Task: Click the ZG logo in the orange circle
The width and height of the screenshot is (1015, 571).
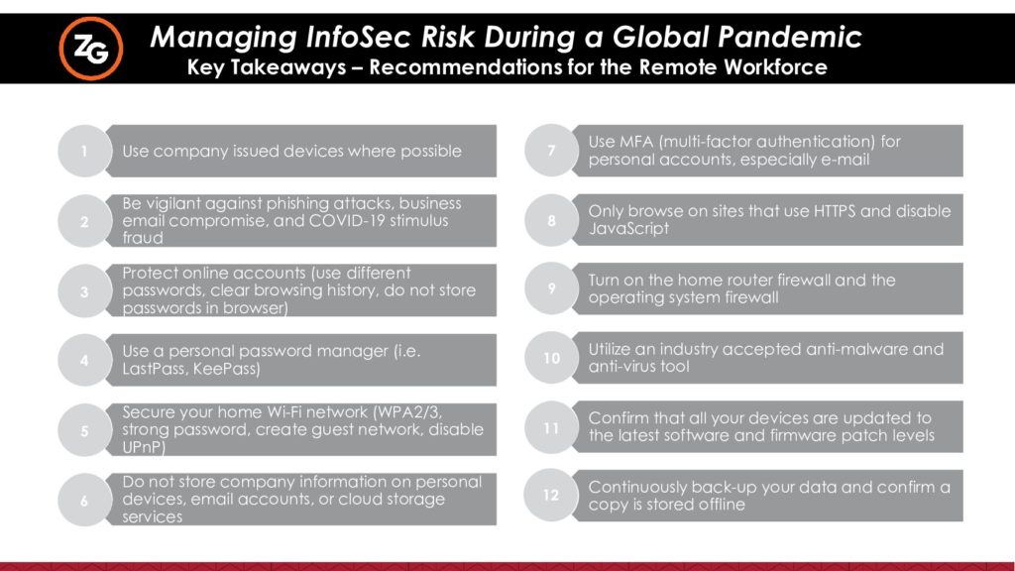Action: click(91, 49)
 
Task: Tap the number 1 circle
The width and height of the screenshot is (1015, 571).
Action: click(84, 151)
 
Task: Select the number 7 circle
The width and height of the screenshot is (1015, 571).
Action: click(551, 151)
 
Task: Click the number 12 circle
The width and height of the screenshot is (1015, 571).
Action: click(550, 496)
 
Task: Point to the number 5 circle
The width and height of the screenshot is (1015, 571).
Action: click(84, 430)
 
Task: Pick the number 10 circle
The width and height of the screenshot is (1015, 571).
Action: click(551, 357)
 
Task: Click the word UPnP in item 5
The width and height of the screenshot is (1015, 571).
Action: click(144, 447)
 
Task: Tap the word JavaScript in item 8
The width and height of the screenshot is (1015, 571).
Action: click(628, 229)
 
